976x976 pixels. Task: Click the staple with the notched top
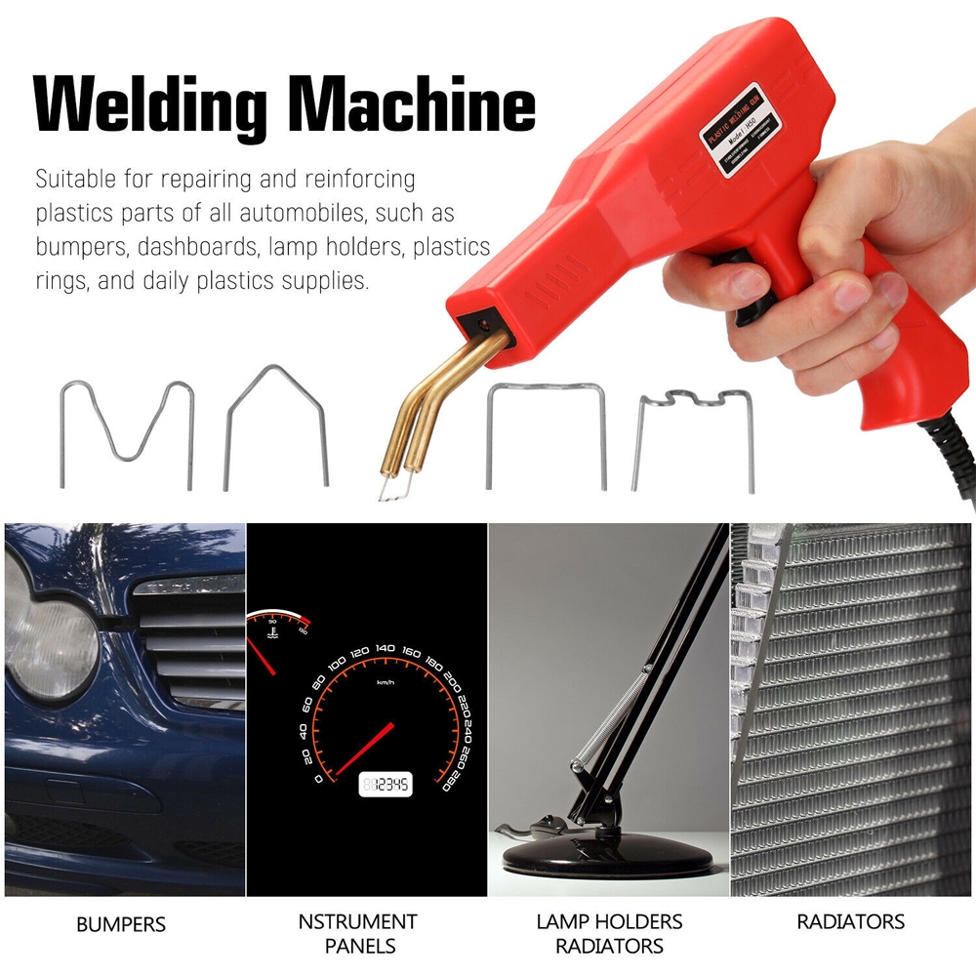(694, 434)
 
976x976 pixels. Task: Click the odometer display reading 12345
(386, 784)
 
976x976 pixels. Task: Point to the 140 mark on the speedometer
(385, 648)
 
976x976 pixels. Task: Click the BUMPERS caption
(121, 923)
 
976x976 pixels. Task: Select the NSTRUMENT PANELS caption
(357, 933)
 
